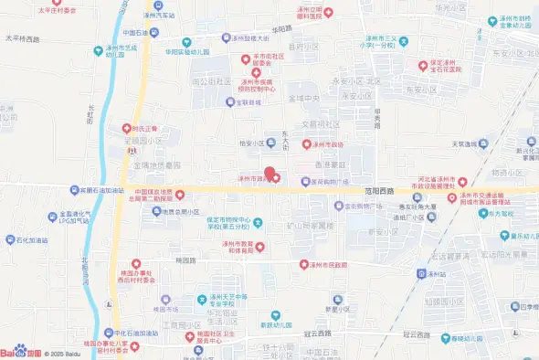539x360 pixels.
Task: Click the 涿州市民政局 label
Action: pos(334,264)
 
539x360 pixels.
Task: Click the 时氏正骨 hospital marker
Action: pos(143,129)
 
